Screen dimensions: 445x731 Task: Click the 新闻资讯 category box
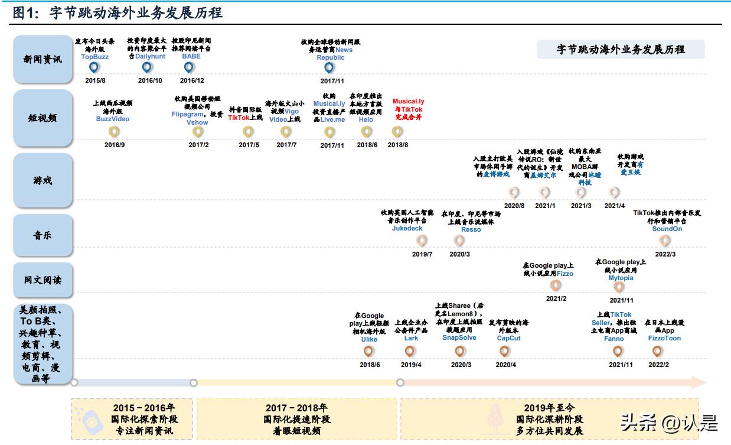click(43, 59)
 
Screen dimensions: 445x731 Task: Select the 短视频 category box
click(43, 117)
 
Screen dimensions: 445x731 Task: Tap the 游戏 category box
click(43, 180)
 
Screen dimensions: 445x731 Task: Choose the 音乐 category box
click(43, 235)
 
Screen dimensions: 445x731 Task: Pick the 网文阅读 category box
click(43, 280)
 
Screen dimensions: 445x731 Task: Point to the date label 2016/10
click(150, 80)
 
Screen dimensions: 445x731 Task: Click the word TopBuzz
click(95, 57)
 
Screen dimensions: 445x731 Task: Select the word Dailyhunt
click(150, 57)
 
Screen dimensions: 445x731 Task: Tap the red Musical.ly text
click(408, 102)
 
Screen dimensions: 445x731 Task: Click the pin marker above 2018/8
click(398, 132)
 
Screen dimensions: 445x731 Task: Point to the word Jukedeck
click(407, 228)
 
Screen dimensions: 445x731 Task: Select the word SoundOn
click(667, 229)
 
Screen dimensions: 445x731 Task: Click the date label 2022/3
click(665, 254)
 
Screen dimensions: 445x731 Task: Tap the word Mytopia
click(621, 278)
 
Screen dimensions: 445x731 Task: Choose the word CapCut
click(508, 339)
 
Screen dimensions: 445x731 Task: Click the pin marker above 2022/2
click(657, 351)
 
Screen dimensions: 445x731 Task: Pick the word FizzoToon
click(664, 339)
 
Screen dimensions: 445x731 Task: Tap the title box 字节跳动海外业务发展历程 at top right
click(620, 50)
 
